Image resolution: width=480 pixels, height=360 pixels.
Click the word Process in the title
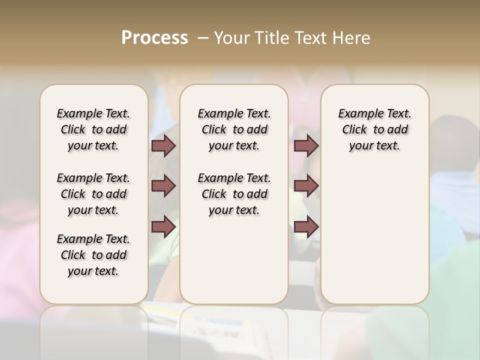tap(154, 38)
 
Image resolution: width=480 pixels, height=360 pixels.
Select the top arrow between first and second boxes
tap(163, 146)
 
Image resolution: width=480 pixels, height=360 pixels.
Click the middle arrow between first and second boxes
tap(163, 186)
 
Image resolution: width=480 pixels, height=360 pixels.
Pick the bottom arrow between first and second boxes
tap(163, 226)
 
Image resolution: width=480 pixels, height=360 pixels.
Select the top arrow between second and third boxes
tap(306, 146)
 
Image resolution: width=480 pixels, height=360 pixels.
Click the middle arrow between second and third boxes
tap(306, 186)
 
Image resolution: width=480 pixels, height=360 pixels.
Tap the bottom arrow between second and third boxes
tap(306, 226)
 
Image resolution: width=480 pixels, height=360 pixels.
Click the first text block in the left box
tap(93, 129)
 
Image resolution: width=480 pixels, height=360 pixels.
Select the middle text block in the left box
tap(93, 194)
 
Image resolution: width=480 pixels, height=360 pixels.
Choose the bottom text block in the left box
tap(93, 255)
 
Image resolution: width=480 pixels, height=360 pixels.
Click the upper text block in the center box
tap(234, 129)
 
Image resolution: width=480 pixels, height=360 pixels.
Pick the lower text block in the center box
tap(234, 194)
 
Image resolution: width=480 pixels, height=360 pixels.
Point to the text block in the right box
tap(374, 129)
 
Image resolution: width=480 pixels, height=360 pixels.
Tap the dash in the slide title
tap(202, 38)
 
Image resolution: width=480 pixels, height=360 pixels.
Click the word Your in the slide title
tap(231, 38)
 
